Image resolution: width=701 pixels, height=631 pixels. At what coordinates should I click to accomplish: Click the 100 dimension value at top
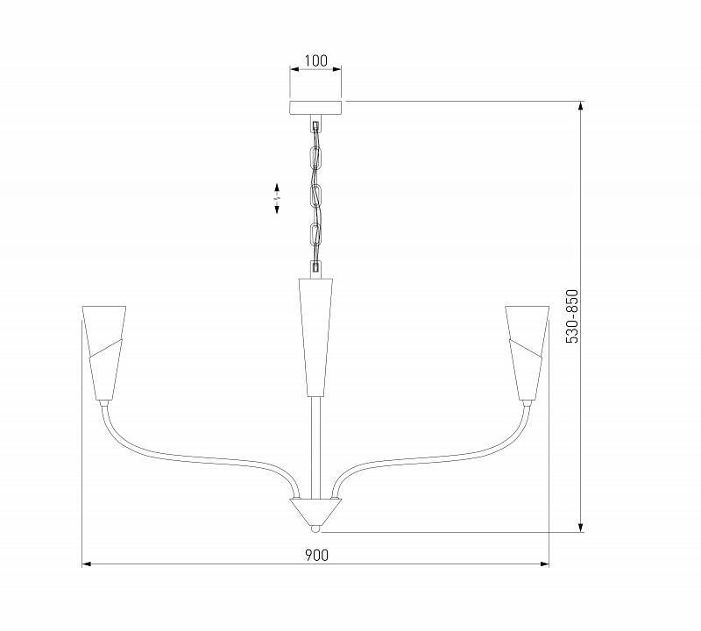pos(315,61)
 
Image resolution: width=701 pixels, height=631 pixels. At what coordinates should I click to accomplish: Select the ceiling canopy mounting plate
pos(315,109)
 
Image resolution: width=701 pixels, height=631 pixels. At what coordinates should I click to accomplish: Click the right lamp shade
pos(528,351)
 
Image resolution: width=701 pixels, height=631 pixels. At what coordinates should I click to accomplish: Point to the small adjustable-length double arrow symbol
pos(277,198)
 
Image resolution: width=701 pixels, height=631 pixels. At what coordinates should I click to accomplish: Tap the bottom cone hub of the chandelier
pos(315,510)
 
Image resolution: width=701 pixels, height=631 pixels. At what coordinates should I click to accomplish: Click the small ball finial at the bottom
pos(315,528)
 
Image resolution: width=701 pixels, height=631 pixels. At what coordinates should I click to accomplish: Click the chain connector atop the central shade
pos(315,267)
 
